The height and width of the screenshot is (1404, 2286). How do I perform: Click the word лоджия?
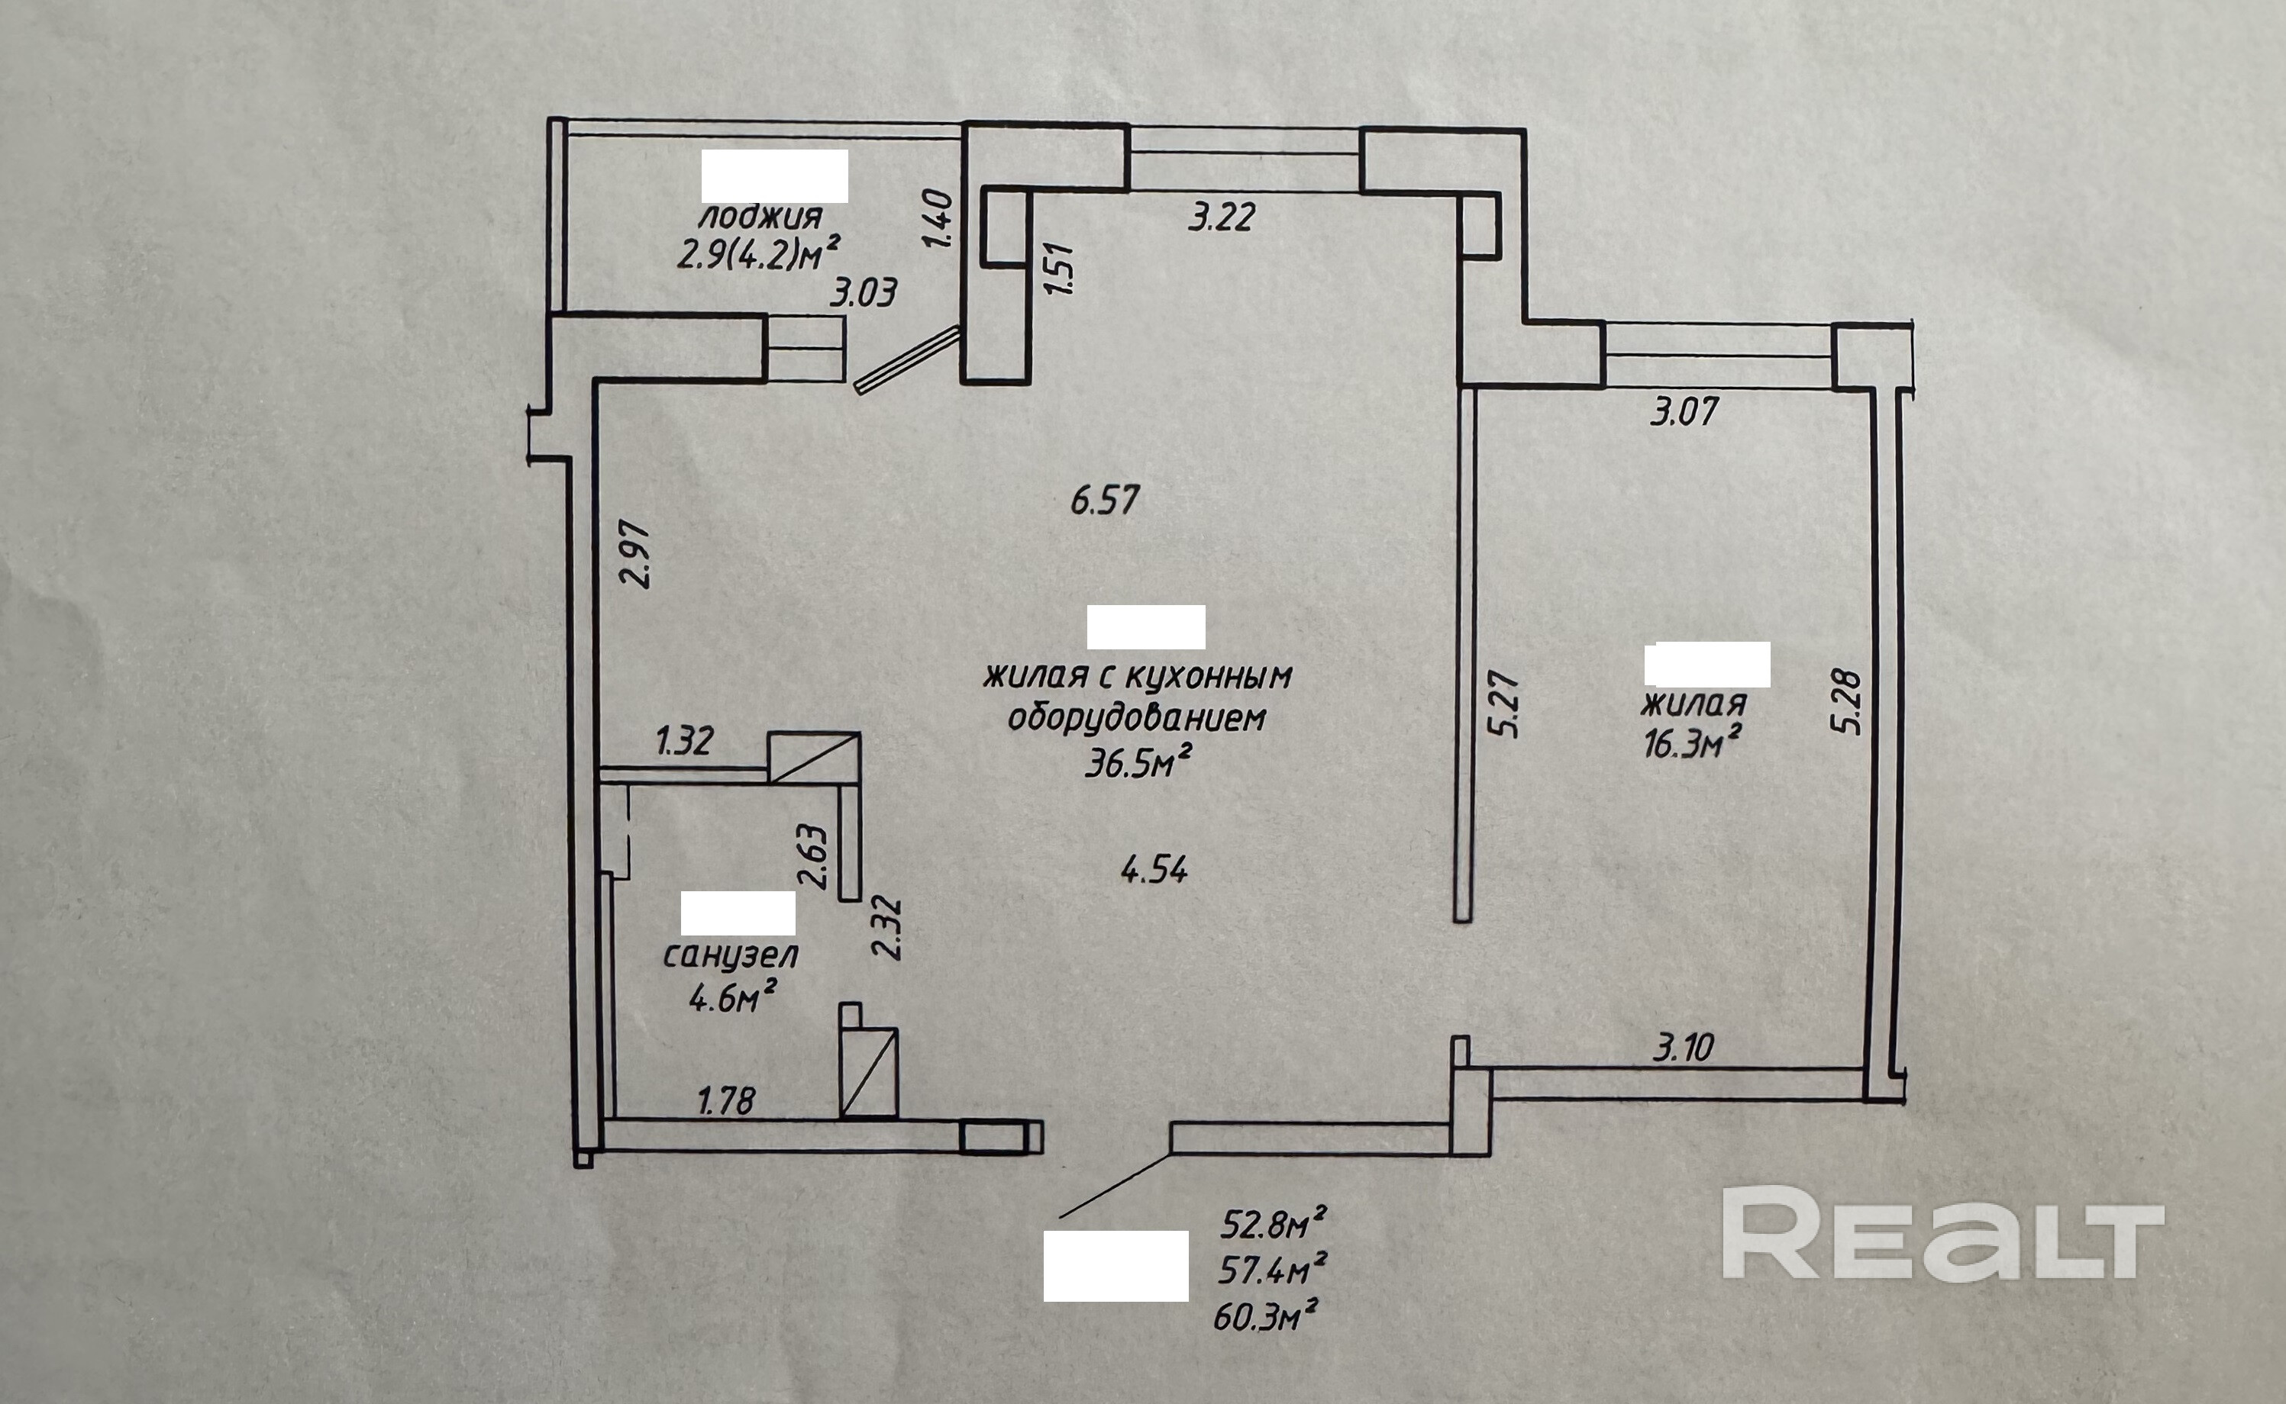(760, 217)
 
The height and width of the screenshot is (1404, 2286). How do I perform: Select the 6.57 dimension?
(1105, 501)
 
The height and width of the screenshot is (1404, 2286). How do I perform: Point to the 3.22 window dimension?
(1222, 217)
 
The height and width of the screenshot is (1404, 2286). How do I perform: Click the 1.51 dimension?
(1060, 269)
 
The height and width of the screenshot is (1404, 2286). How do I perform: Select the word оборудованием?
(1137, 718)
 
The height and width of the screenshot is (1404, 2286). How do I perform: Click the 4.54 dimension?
(1154, 870)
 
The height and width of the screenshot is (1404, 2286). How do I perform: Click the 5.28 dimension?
(1848, 702)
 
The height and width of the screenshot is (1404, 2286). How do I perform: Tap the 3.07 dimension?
(1684, 411)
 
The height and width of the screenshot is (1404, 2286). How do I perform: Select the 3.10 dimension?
(1683, 1048)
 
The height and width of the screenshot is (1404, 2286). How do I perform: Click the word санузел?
(730, 955)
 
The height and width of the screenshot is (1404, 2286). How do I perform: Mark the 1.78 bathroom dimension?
(726, 1101)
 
